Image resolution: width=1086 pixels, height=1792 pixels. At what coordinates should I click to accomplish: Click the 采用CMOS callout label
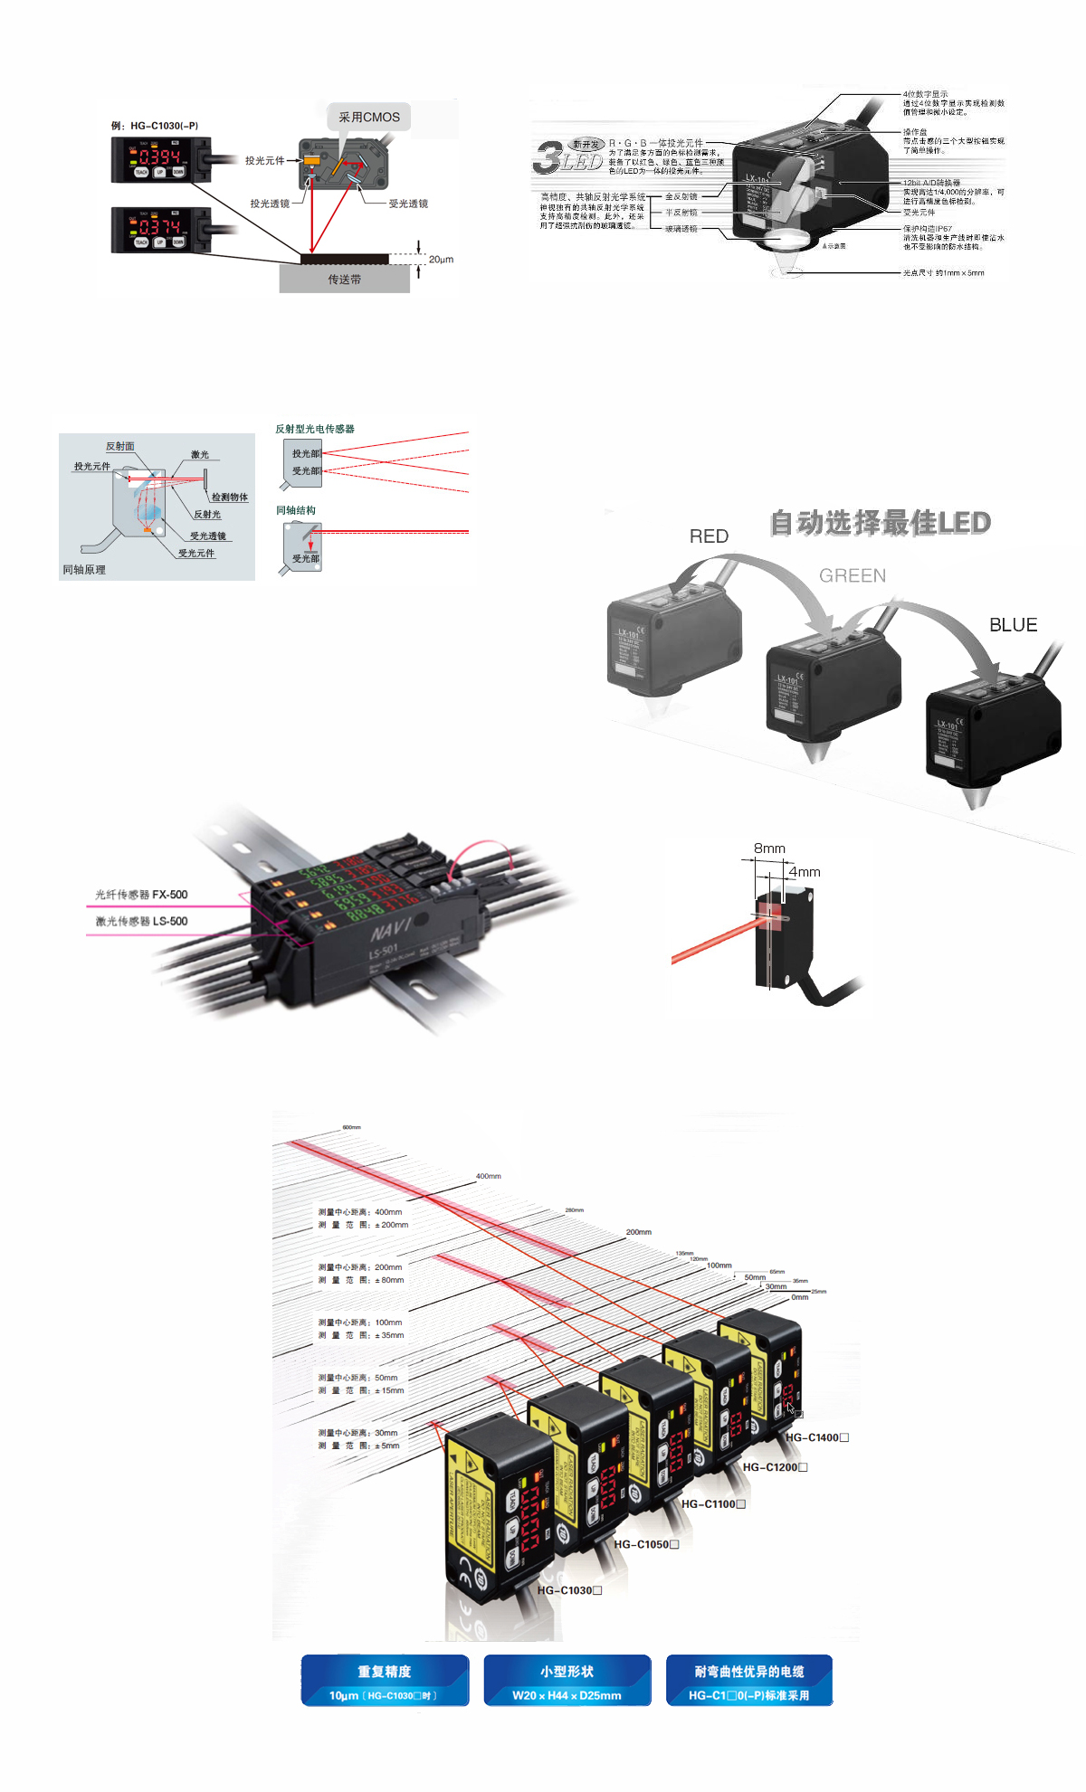368,117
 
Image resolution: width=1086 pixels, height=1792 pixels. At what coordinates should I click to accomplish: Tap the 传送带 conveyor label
344,280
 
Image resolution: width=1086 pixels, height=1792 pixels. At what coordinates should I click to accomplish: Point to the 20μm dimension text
441,260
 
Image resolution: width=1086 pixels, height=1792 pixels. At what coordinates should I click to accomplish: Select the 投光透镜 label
270,204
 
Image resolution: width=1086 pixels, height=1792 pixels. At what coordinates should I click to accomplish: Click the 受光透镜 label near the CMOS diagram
408,204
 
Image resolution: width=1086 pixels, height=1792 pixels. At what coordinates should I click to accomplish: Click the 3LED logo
567,157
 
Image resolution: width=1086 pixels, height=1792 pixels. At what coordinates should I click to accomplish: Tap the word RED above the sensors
709,536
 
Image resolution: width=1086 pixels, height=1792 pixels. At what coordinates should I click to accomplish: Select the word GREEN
853,575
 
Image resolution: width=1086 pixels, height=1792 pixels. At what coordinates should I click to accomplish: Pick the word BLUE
1013,625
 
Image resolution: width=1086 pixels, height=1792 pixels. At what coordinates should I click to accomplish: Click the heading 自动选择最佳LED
880,522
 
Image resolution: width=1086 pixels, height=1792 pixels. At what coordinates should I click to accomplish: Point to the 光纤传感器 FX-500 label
141,895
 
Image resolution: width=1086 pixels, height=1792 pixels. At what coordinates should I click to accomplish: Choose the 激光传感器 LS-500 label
141,921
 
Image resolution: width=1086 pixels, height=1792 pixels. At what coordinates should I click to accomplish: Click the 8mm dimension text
769,849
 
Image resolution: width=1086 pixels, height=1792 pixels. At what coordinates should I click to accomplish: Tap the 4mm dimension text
805,872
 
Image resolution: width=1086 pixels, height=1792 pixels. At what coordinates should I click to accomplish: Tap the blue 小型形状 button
567,1681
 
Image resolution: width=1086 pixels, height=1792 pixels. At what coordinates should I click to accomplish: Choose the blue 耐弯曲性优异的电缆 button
749,1681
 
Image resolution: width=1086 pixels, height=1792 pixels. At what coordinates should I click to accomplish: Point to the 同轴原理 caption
84,570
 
